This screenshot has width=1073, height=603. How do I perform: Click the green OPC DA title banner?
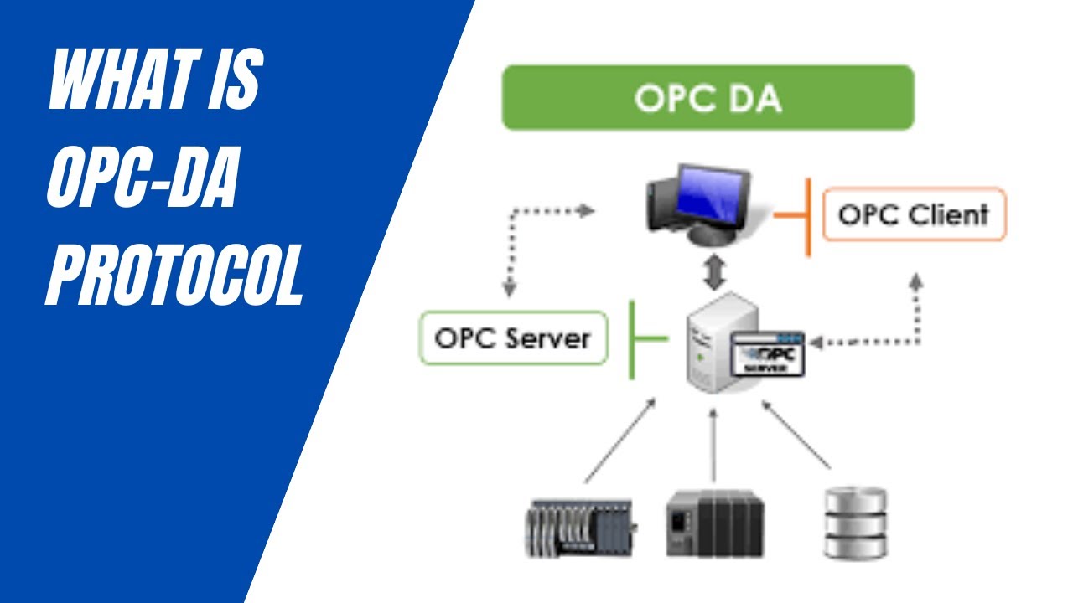708,98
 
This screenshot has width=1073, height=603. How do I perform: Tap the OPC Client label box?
914,214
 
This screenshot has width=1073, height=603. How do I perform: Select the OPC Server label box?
513,338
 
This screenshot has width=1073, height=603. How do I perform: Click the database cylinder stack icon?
855,524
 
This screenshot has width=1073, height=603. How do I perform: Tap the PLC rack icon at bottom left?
579,528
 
